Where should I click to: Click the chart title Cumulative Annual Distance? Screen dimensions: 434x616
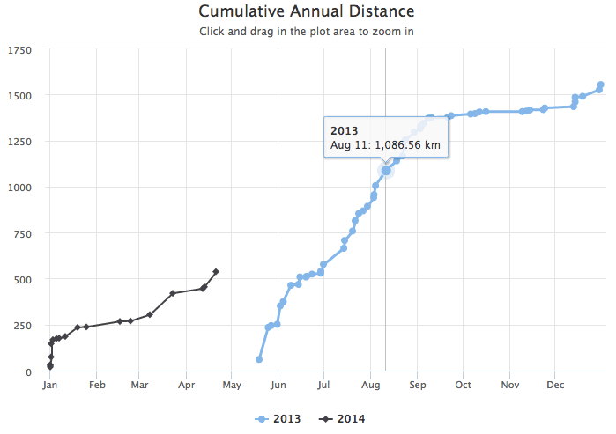307,11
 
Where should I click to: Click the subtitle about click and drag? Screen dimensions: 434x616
307,32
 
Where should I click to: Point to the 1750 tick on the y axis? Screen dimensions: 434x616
19,50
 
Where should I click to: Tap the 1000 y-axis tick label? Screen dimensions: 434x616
19,188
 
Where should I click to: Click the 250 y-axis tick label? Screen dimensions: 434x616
22,326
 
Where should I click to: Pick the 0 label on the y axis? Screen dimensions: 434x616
29,371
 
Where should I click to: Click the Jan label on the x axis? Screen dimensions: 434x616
50,385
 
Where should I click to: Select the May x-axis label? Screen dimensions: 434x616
232,385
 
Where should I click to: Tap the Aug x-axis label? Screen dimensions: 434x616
371,385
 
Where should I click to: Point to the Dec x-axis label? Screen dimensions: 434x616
555,385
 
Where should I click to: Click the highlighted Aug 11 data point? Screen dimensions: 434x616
385,170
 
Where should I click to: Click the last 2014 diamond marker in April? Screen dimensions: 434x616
216,271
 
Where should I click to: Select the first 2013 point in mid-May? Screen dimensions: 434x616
259,359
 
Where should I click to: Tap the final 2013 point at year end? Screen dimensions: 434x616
601,85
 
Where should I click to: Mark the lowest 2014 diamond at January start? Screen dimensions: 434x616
50,366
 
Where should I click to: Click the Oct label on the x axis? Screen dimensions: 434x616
464,385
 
